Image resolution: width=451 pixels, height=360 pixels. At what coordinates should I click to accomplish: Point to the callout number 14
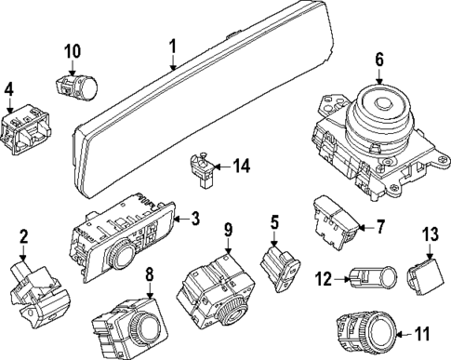click(241, 167)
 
